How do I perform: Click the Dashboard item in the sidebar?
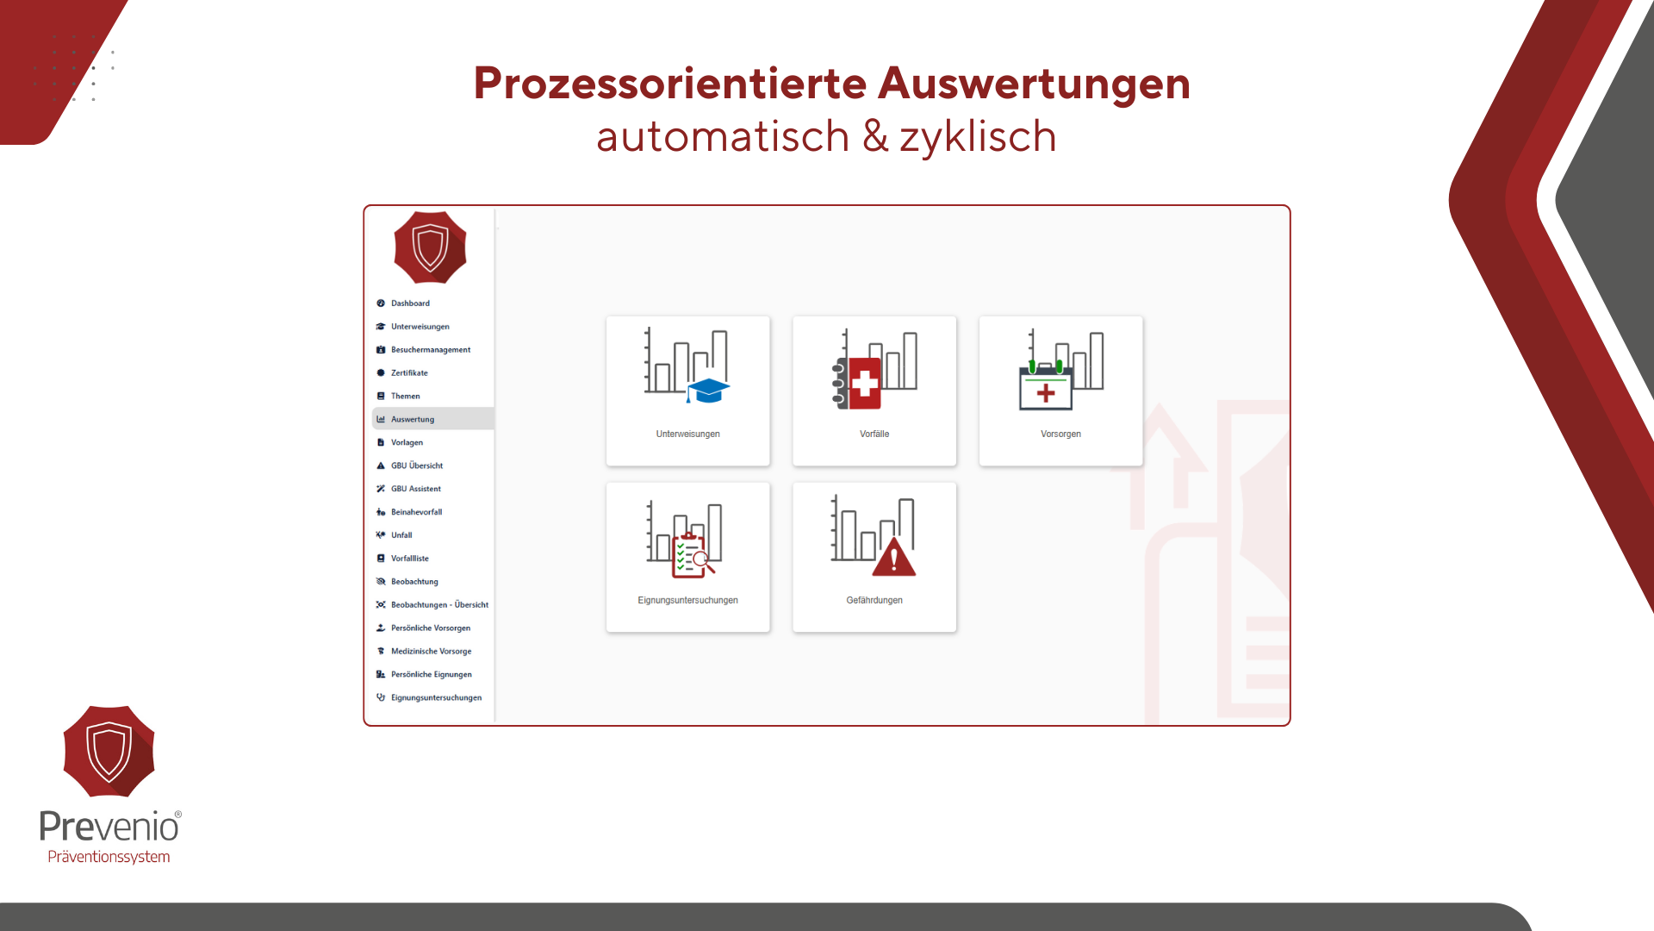410,303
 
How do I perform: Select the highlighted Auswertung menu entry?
413,419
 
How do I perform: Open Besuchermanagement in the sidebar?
431,350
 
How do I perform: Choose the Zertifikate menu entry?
409,373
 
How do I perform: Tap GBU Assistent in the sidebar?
416,489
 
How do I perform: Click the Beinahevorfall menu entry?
416,512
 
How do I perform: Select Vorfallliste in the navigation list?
409,559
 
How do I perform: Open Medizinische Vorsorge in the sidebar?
431,652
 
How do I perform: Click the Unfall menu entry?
401,535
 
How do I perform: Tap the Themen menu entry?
405,397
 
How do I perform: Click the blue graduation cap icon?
708,391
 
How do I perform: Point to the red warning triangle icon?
894,557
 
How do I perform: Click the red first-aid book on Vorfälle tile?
860,383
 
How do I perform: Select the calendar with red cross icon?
1046,386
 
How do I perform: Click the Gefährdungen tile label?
874,601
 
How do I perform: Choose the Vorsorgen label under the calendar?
1060,434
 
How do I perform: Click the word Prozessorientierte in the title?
670,84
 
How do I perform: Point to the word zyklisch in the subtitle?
978,137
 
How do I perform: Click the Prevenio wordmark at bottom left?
110,827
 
